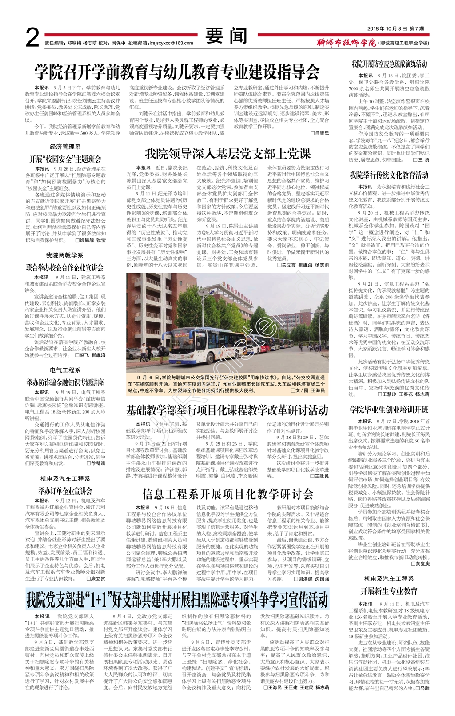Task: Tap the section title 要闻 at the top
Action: pyautogui.click(x=226, y=36)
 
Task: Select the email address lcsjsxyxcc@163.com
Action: pyautogui.click(x=171, y=43)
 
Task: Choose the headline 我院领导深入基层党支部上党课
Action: pyautogui.click(x=227, y=154)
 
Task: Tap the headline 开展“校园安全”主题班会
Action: pyautogui.click(x=65, y=159)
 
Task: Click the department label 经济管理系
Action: pyautogui.click(x=65, y=147)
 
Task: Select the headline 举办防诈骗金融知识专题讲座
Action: pyautogui.click(x=65, y=382)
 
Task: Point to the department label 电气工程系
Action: pyautogui.click(x=65, y=370)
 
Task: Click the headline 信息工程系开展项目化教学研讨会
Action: pyautogui.click(x=227, y=494)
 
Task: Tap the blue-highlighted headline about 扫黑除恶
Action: pyautogui.click(x=177, y=599)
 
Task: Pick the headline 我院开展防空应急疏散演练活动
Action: pyautogui.click(x=389, y=64)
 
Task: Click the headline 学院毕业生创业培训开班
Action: pyautogui.click(x=389, y=409)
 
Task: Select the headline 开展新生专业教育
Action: pyautogui.click(x=389, y=591)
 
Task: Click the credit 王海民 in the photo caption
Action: pyautogui.click(x=318, y=390)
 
